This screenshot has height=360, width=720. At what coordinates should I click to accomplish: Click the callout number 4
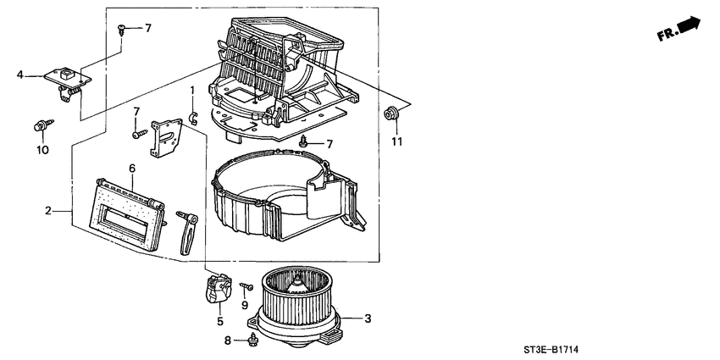click(19, 75)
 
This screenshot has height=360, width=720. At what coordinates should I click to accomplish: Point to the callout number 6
click(132, 169)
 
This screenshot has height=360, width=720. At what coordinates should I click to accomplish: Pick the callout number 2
click(48, 211)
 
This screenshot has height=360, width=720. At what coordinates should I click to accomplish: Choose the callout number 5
click(219, 321)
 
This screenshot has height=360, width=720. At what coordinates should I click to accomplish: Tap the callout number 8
click(226, 341)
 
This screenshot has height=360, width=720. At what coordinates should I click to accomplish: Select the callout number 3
click(368, 318)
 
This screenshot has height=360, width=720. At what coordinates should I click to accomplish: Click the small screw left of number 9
click(245, 286)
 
